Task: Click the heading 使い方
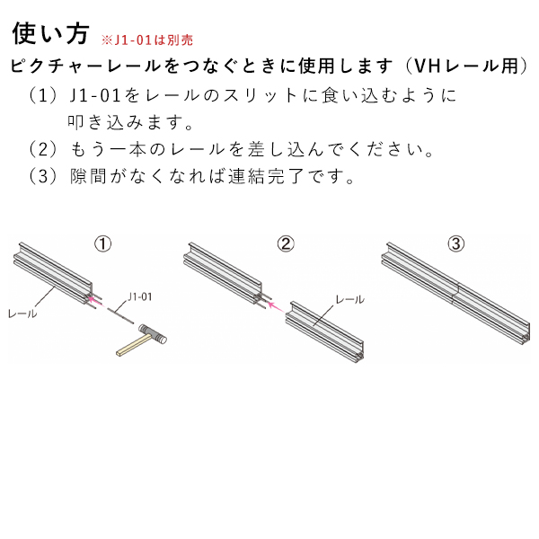tap(51, 34)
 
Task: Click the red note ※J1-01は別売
tap(147, 40)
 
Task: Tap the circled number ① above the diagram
tap(103, 243)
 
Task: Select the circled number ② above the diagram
tap(286, 243)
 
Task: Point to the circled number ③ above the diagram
tap(456, 243)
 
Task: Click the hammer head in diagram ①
tap(153, 333)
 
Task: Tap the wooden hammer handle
tap(133, 346)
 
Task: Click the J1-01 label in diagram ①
tap(139, 296)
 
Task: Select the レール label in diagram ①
tap(22, 314)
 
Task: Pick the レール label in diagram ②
tap(350, 299)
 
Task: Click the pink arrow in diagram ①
tap(95, 302)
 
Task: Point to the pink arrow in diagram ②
tap(276, 307)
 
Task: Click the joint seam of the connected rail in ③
tap(455, 292)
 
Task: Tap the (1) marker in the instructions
tap(43, 95)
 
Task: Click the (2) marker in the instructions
tap(43, 149)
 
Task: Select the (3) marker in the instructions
tap(43, 176)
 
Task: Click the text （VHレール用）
tap(466, 66)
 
